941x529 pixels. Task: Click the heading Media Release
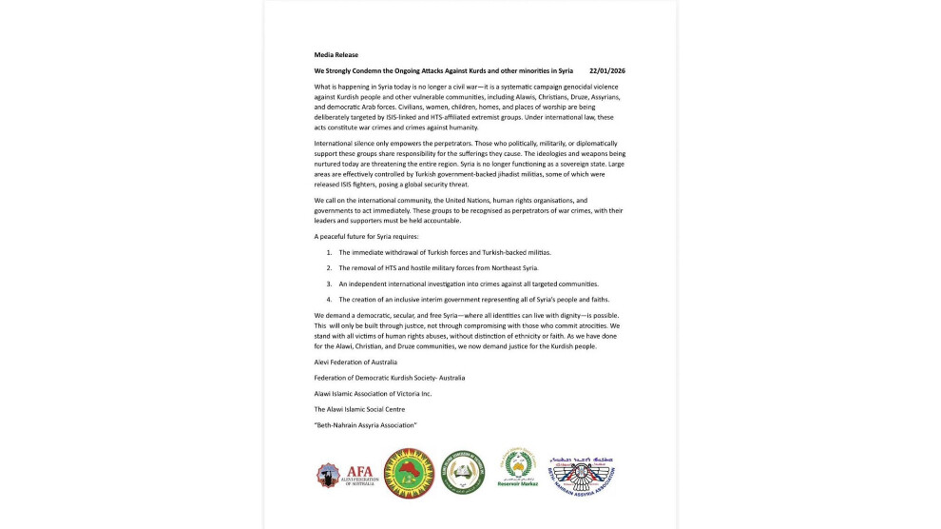click(x=336, y=55)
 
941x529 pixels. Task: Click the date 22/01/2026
click(x=606, y=71)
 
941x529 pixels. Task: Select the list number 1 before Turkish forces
click(x=329, y=252)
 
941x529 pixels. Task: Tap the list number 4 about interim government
click(x=329, y=300)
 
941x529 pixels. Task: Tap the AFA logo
click(x=345, y=474)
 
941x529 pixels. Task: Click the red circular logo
click(x=409, y=474)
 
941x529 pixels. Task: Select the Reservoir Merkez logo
click(x=517, y=469)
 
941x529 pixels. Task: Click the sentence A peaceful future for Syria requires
click(x=366, y=236)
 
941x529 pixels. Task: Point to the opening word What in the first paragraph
click(x=323, y=87)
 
